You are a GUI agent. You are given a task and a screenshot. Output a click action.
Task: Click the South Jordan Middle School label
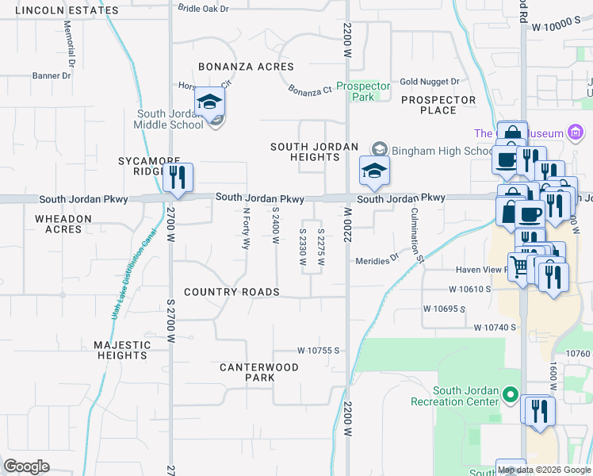pyautogui.click(x=170, y=120)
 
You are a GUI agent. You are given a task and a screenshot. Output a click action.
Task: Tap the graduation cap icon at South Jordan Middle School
pyautogui.click(x=210, y=103)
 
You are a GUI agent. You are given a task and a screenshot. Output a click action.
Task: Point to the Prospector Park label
pyautogui.click(x=363, y=91)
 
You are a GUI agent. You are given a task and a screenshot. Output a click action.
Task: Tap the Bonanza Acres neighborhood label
pyautogui.click(x=246, y=67)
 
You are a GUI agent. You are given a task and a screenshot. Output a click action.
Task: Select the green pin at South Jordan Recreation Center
pyautogui.click(x=511, y=394)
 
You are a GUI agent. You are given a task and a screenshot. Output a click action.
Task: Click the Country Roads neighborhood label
pyautogui.click(x=231, y=292)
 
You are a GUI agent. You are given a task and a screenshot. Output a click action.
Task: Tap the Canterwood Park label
pyautogui.click(x=259, y=372)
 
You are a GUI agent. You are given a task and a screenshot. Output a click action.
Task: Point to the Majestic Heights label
pyautogui.click(x=122, y=350)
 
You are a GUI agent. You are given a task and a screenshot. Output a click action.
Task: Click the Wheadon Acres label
pyautogui.click(x=63, y=224)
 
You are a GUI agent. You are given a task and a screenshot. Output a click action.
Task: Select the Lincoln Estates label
pyautogui.click(x=67, y=10)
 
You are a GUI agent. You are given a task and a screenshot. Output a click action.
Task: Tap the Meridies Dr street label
pyautogui.click(x=377, y=260)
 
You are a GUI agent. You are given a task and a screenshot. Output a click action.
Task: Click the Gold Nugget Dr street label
pyautogui.click(x=430, y=82)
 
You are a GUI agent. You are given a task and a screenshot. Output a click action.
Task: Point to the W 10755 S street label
pyautogui.click(x=318, y=350)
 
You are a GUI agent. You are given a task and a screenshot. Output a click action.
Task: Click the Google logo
pyautogui.click(x=26, y=466)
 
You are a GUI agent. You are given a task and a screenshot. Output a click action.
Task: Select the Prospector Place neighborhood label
pyautogui.click(x=438, y=106)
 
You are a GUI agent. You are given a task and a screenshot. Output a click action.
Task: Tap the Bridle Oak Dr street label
pyautogui.click(x=203, y=8)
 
